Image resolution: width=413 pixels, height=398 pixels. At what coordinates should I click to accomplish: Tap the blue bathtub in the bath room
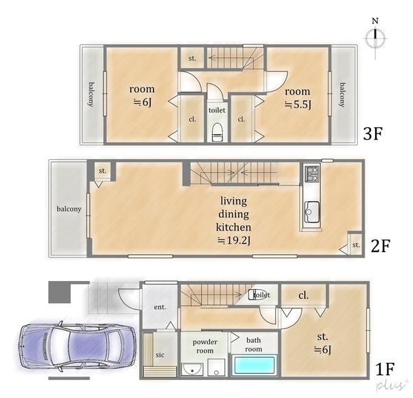pos(254,365)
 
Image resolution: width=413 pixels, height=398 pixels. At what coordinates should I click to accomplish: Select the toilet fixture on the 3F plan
pos(217,131)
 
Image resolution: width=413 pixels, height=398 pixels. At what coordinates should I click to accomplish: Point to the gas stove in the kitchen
pos(312,174)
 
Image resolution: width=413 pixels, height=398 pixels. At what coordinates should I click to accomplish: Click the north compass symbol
pos(375,38)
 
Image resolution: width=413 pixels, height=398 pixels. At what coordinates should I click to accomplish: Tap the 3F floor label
pos(372,134)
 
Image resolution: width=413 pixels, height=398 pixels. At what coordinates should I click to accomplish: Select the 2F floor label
pos(380,246)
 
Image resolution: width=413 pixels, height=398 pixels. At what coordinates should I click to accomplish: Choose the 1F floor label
pos(385,369)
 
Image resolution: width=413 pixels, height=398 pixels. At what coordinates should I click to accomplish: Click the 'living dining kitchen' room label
pos(233,214)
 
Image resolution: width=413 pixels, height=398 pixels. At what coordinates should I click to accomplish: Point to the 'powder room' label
pos(205,346)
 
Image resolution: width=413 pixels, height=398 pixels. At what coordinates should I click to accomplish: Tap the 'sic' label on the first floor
pos(160,355)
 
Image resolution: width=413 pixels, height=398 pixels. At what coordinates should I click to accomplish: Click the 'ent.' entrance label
pos(160,307)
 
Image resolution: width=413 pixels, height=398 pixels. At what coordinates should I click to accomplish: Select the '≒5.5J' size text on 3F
pos(298,105)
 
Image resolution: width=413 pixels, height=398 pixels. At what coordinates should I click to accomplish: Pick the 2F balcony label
pos(69,209)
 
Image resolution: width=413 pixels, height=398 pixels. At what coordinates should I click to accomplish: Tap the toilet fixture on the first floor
pos(254,295)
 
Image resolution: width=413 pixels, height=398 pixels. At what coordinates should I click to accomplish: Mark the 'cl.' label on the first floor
pos(303,295)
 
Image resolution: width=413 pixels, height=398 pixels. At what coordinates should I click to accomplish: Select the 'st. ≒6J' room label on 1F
pos(323,343)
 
